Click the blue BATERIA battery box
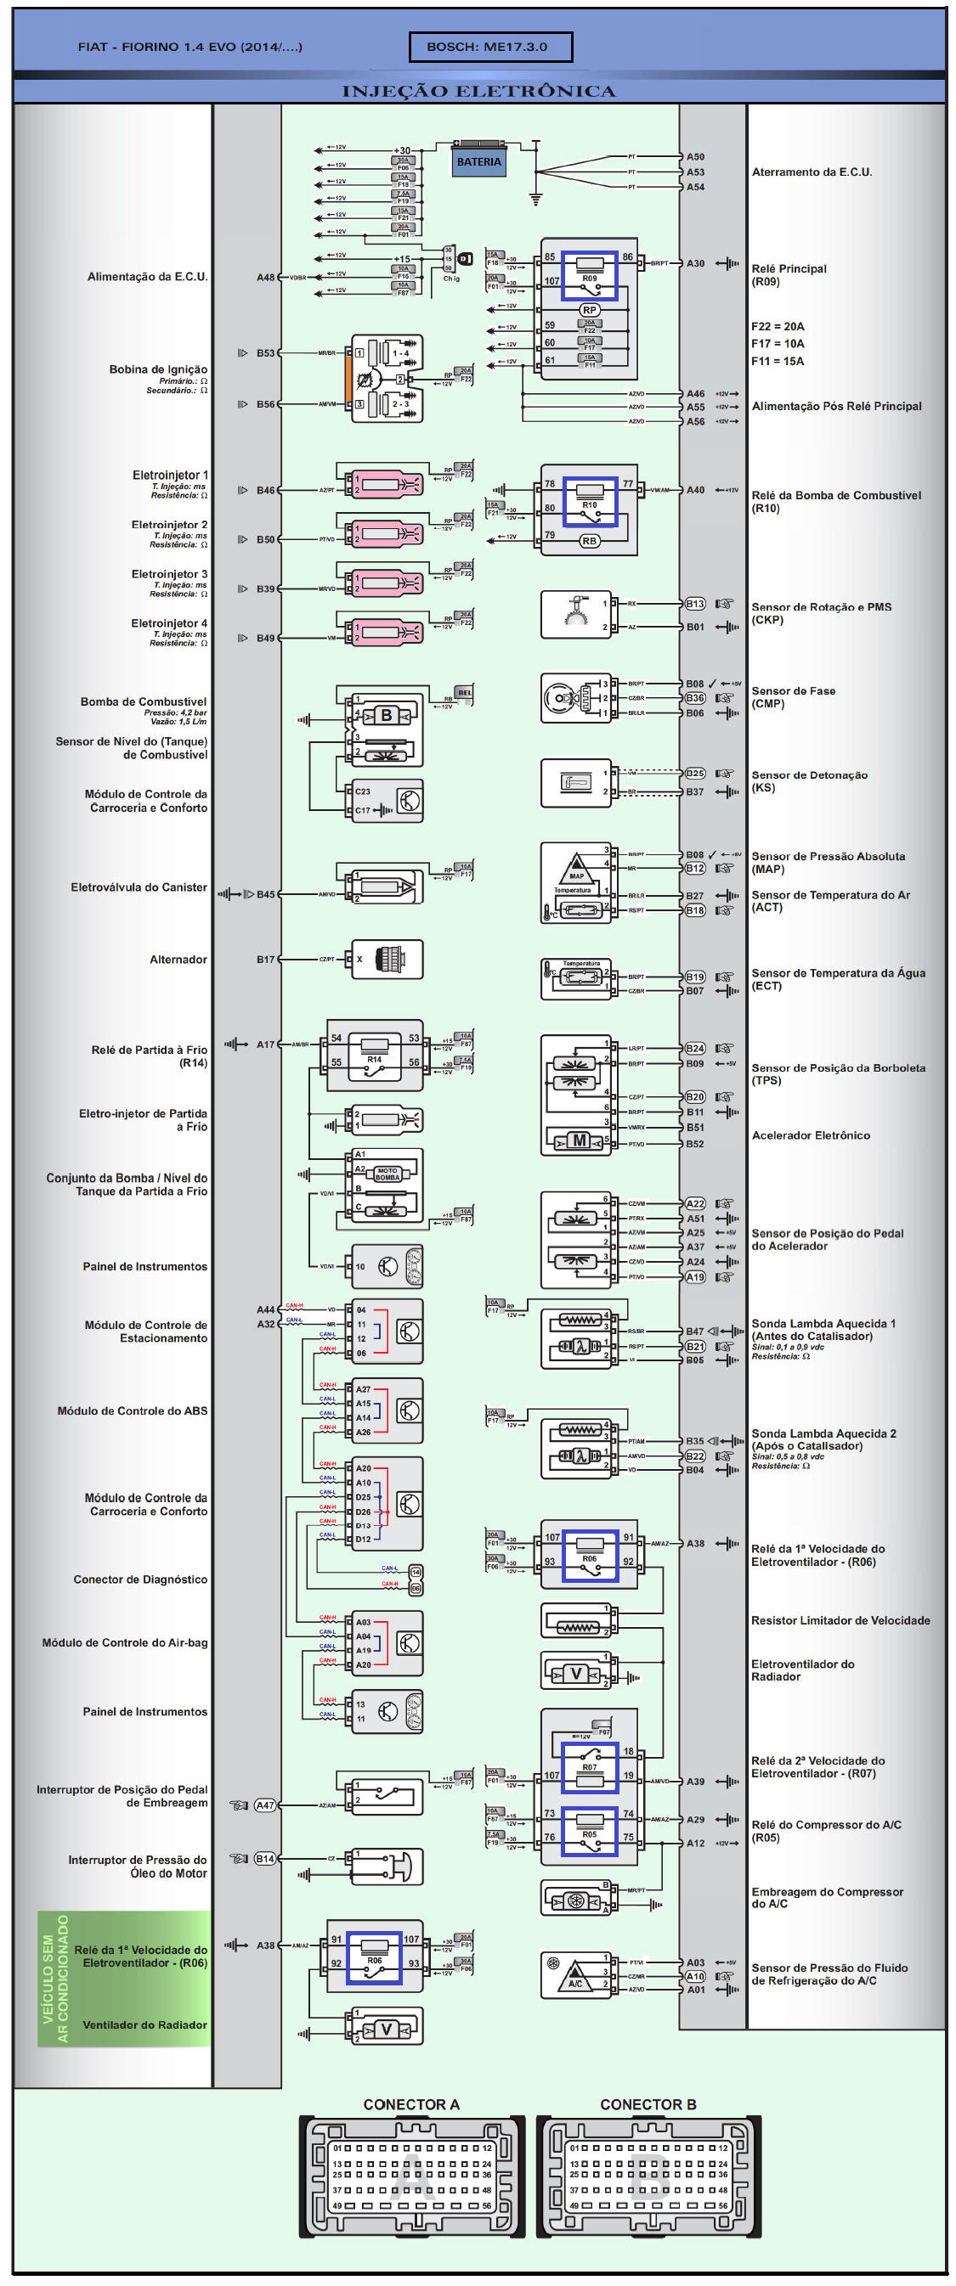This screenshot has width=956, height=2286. click(478, 161)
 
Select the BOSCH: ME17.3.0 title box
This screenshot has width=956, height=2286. click(490, 47)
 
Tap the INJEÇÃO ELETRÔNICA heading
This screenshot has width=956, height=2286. click(478, 92)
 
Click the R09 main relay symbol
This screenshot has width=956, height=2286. click(589, 276)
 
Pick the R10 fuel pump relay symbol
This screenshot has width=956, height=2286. click(589, 502)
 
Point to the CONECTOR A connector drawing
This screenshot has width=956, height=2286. click(412, 2173)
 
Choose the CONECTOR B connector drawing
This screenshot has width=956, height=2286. click(648, 2173)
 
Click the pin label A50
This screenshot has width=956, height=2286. click(695, 157)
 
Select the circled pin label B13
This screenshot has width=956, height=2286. click(695, 605)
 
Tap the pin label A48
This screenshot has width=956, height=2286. click(265, 278)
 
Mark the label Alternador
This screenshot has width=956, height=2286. click(178, 960)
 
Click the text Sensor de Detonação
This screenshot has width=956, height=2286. click(809, 774)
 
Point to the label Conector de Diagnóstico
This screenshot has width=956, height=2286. click(140, 1579)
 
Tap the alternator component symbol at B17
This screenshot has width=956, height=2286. click(387, 960)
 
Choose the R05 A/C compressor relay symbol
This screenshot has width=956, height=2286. click(589, 1833)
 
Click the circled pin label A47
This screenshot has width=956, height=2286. click(264, 1805)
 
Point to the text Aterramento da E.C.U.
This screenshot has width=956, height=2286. click(812, 172)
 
